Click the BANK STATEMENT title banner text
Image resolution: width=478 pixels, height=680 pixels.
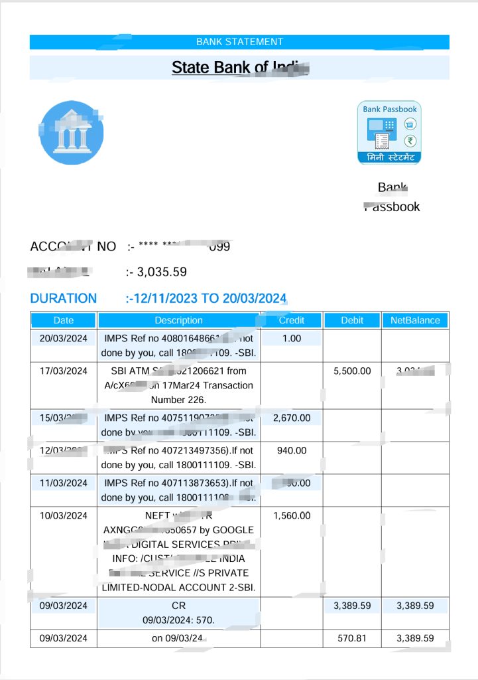pos(239,42)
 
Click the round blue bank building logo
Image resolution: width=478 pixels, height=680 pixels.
pos(71,132)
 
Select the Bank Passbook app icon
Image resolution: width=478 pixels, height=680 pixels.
pos(389,132)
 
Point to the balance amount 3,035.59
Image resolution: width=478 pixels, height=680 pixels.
pos(162,272)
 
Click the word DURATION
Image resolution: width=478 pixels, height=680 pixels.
pos(64,298)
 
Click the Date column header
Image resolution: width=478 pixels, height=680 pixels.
pos(64,320)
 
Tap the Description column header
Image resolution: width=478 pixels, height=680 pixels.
pos(178,320)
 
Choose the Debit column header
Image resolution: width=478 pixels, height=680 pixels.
pos(352,320)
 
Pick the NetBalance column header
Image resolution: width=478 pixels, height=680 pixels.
pos(415,320)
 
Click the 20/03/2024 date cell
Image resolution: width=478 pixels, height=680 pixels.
pos(64,339)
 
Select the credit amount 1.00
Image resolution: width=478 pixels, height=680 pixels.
pos(292,339)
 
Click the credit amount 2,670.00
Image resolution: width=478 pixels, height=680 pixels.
pos(292,418)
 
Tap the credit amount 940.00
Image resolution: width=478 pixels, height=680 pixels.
pos(292,450)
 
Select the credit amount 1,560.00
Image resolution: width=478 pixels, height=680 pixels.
pos(292,515)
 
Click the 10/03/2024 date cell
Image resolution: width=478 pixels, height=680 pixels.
pos(64,515)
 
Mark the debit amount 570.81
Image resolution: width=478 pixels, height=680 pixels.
pos(352,638)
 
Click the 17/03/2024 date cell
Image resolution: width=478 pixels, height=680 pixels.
pos(64,371)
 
